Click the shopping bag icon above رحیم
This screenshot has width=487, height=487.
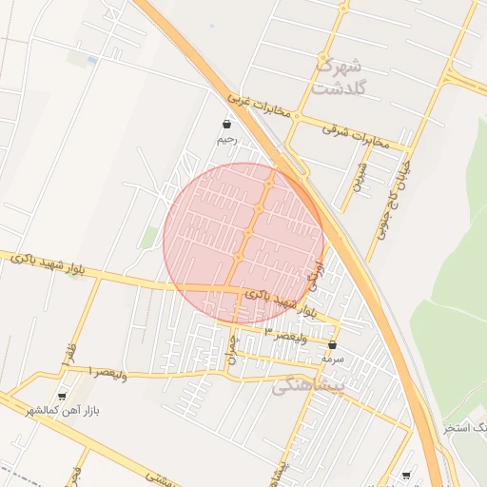tap(226, 125)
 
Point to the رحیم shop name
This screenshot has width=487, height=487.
tap(225, 140)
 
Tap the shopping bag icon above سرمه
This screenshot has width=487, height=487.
tap(332, 345)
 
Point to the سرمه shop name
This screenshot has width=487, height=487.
tap(332, 360)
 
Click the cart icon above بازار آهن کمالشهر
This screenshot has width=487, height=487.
tap(63, 396)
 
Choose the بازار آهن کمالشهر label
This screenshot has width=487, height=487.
tap(73, 411)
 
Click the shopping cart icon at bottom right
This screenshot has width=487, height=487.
tap(407, 475)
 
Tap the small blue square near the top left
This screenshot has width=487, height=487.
tap(92, 60)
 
